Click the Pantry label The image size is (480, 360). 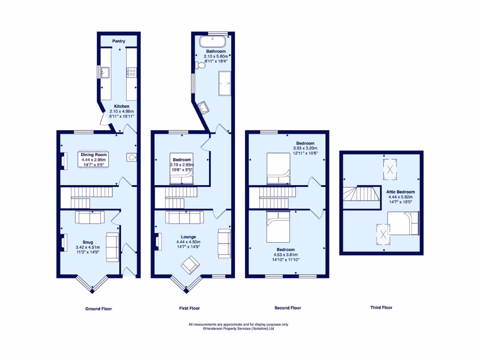point(119,41)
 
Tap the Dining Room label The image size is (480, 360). point(94,155)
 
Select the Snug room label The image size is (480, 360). point(88,242)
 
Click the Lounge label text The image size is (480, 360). point(189,237)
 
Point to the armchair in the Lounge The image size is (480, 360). point(191,266)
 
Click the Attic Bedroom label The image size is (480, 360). point(400,192)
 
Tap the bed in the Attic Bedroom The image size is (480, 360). point(404,223)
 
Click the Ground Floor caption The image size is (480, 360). point(98,309)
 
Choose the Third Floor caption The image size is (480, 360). point(381,308)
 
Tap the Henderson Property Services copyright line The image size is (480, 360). point(238,329)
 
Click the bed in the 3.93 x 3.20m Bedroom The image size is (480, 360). point(278,169)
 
